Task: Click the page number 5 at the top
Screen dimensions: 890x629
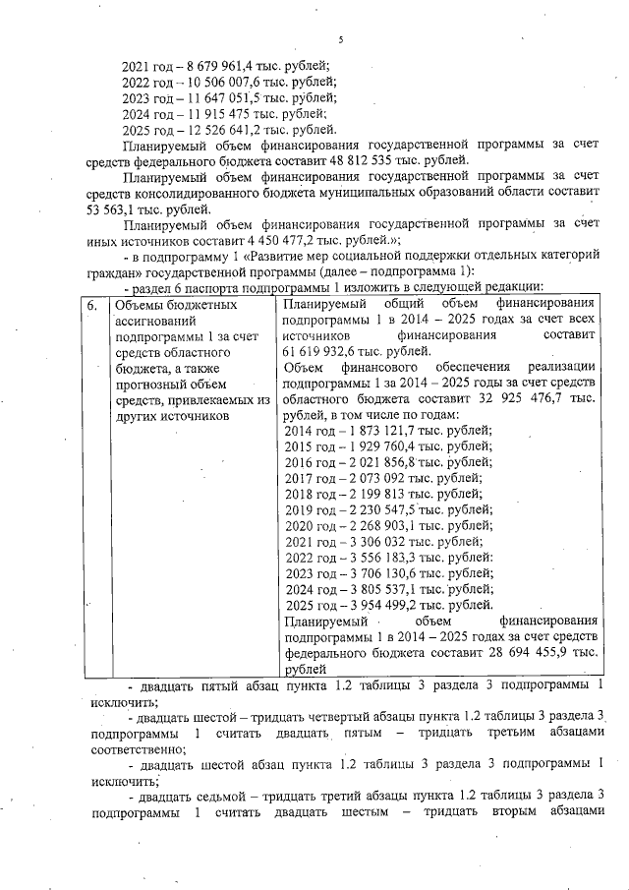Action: pyautogui.click(x=337, y=40)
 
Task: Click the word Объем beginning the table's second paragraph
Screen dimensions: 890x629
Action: pyautogui.click(x=305, y=368)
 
